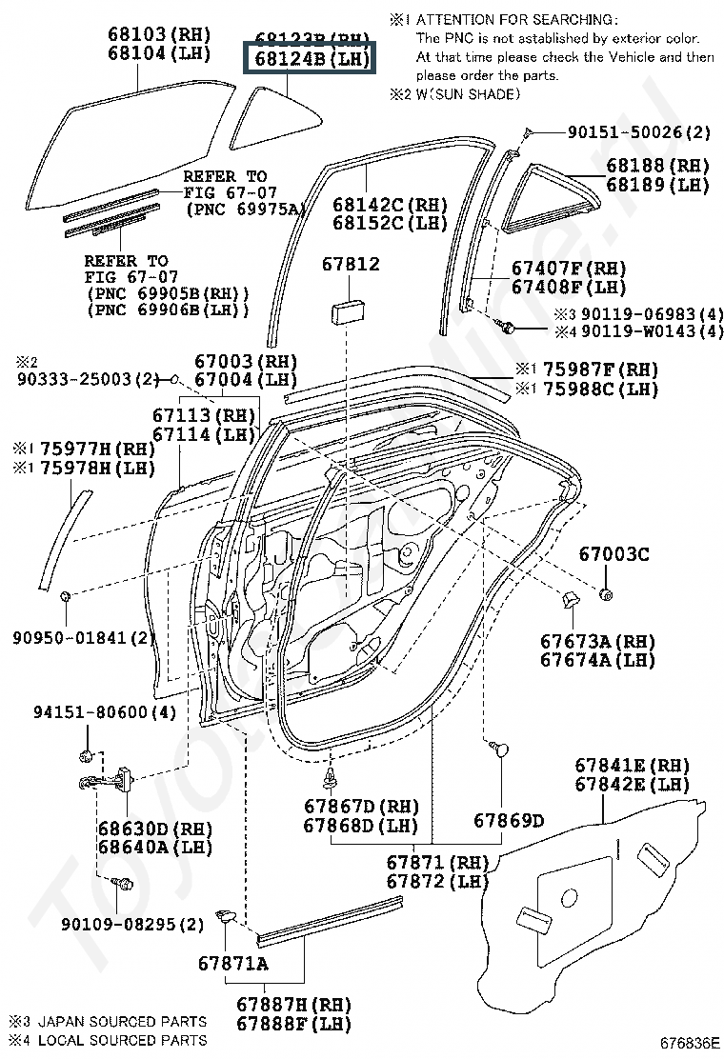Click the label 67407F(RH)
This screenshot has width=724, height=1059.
pyautogui.click(x=569, y=269)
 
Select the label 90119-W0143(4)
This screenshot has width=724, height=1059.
pyautogui.click(x=653, y=331)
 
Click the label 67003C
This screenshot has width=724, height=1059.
pyautogui.click(x=614, y=553)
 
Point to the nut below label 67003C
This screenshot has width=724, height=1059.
pyautogui.click(x=606, y=595)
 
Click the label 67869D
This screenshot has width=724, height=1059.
pyautogui.click(x=509, y=820)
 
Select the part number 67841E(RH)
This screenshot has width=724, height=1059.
pyautogui.click(x=632, y=766)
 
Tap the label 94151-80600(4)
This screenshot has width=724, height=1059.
pyautogui.click(x=105, y=712)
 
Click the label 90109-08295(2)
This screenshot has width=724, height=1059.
pyautogui.click(x=132, y=924)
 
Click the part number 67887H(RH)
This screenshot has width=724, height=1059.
pyautogui.click(x=293, y=1005)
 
